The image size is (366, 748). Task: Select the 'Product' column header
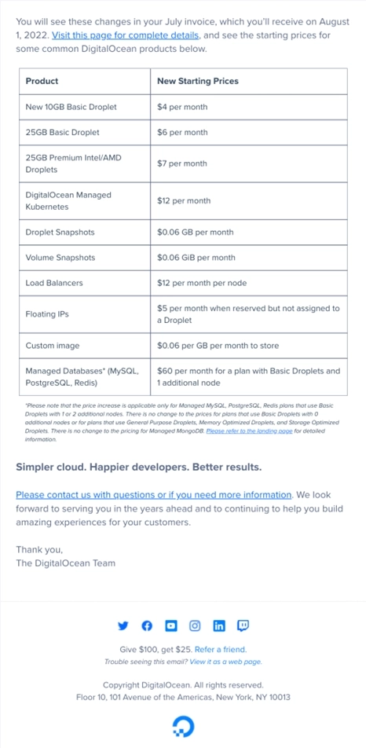coord(42,81)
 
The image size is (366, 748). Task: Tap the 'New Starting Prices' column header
coord(197,81)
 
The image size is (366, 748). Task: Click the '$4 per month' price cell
coord(182,106)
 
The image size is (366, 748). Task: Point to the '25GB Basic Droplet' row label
coord(62,132)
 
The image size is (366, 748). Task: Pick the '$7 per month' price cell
coord(182,163)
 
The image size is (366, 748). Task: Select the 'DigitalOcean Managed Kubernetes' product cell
coord(68,201)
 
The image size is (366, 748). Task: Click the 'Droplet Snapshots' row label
coord(60,233)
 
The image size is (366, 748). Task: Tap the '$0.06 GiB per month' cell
coord(196,258)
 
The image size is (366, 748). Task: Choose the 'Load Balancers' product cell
coord(54,283)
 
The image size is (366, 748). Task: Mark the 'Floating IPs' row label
coord(47,314)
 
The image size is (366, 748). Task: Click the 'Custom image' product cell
coord(52,346)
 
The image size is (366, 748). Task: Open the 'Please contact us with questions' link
coord(153,495)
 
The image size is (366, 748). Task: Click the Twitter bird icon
coord(123,625)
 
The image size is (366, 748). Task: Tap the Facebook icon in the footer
coord(146,625)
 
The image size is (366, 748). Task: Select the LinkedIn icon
coord(219,625)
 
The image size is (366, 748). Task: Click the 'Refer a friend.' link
coord(221,650)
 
